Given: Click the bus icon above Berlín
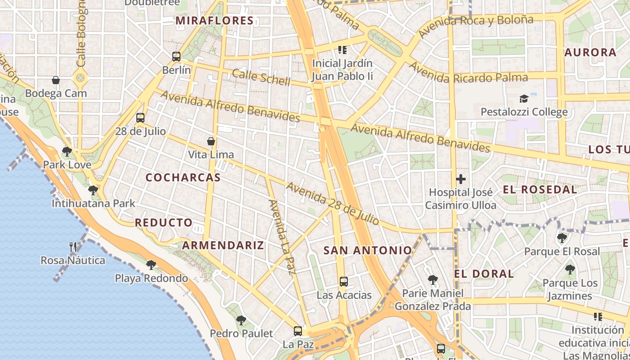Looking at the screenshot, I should [176, 57].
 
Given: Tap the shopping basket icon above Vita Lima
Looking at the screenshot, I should [211, 141].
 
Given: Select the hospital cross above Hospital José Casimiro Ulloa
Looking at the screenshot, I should [460, 179].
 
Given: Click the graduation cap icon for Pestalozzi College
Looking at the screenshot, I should [524, 99].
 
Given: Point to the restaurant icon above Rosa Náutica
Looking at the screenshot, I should [73, 247].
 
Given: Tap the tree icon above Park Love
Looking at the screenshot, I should [67, 152].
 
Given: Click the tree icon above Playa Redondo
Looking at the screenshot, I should [151, 265].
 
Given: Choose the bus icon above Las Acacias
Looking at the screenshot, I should [344, 282].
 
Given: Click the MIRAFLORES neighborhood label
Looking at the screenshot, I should [215, 21].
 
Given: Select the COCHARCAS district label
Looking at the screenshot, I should [183, 178].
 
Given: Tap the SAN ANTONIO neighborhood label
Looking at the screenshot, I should [368, 251].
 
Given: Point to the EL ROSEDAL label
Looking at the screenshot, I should [540, 189].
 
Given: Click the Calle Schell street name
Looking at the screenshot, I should [261, 77].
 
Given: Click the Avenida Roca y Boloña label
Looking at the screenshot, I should [476, 26].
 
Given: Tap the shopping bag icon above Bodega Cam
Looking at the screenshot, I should [56, 80].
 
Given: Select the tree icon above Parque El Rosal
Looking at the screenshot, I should [562, 238].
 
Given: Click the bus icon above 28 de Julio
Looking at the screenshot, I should [140, 118].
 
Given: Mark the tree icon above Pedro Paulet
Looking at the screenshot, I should [241, 320].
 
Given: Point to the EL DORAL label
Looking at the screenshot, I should [484, 274].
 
